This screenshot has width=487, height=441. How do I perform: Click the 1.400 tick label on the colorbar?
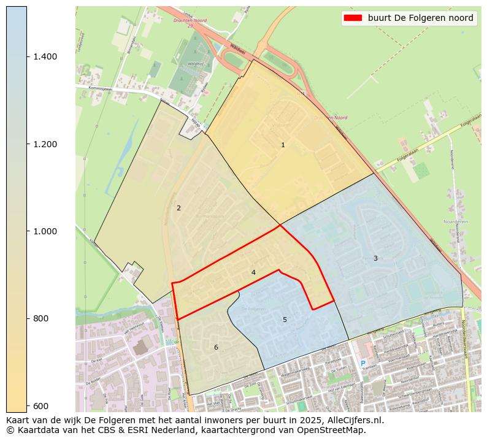click(x=45, y=56)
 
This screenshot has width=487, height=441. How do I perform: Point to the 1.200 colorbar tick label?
click(x=45, y=144)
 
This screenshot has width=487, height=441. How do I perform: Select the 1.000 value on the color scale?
click(x=45, y=231)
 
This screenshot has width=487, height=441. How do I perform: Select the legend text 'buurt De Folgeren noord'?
click(x=420, y=18)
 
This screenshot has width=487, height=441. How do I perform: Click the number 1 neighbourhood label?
click(x=283, y=145)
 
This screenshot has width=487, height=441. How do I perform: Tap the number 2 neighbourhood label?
click(x=178, y=208)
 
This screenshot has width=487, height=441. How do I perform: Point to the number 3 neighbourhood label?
click(x=375, y=258)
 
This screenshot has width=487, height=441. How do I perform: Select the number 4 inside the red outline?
click(x=253, y=272)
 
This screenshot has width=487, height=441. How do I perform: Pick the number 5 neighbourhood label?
click(x=285, y=320)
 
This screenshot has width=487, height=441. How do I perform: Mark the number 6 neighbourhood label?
click(x=216, y=348)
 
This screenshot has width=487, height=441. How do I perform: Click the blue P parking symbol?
click(x=362, y=364)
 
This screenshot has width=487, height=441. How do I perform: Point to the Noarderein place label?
click(x=456, y=222)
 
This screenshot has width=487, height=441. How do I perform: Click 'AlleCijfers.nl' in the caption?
click(x=356, y=421)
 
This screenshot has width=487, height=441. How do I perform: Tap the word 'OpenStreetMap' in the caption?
click(x=335, y=430)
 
